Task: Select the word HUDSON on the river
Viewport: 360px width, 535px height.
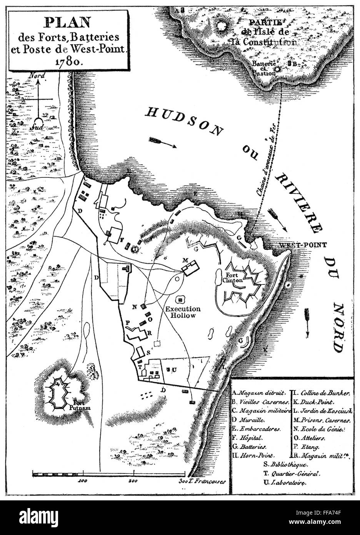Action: click(184, 122)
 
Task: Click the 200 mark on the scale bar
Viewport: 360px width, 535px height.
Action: click(133, 481)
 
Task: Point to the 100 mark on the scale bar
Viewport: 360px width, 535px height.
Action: click(81, 481)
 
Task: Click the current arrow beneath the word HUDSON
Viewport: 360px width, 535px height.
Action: click(163, 142)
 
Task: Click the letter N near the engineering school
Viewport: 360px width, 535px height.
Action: click(134, 307)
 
